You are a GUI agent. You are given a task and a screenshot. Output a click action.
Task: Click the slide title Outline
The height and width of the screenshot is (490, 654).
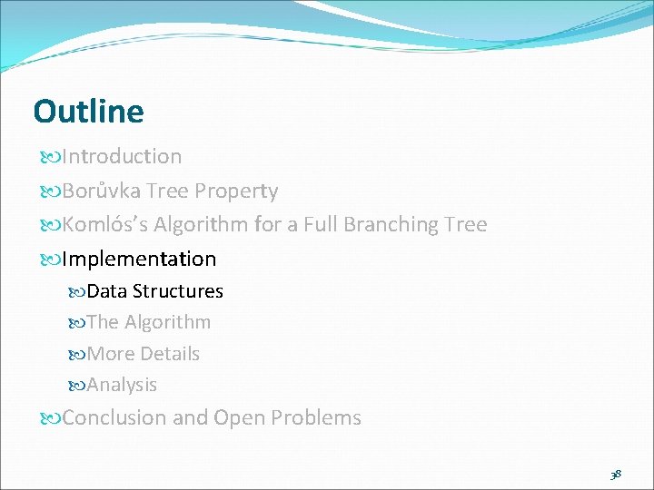pyautogui.click(x=88, y=112)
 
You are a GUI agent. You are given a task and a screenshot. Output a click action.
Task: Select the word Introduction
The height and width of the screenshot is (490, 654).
pyautogui.click(x=122, y=156)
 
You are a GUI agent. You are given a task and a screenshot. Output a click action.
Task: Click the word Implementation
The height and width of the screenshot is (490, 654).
pyautogui.click(x=139, y=259)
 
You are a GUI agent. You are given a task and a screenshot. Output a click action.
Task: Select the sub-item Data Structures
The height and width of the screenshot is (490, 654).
pyautogui.click(x=154, y=291)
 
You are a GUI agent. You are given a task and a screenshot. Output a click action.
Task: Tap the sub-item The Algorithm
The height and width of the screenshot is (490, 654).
pyautogui.click(x=149, y=322)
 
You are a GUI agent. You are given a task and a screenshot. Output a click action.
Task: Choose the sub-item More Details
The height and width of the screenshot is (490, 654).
pyautogui.click(x=144, y=354)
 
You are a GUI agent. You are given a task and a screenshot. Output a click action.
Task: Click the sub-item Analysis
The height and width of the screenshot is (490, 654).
pyautogui.click(x=122, y=385)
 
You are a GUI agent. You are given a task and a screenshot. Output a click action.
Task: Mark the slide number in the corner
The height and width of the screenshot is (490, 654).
pyautogui.click(x=615, y=474)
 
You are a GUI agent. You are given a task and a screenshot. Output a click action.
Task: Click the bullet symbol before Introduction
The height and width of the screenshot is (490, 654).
pyautogui.click(x=50, y=157)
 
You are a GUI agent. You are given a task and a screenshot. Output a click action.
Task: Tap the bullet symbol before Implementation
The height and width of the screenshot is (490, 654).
pyautogui.click(x=50, y=260)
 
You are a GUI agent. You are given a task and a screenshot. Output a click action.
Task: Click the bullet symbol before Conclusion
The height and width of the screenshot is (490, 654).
pyautogui.click(x=50, y=418)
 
